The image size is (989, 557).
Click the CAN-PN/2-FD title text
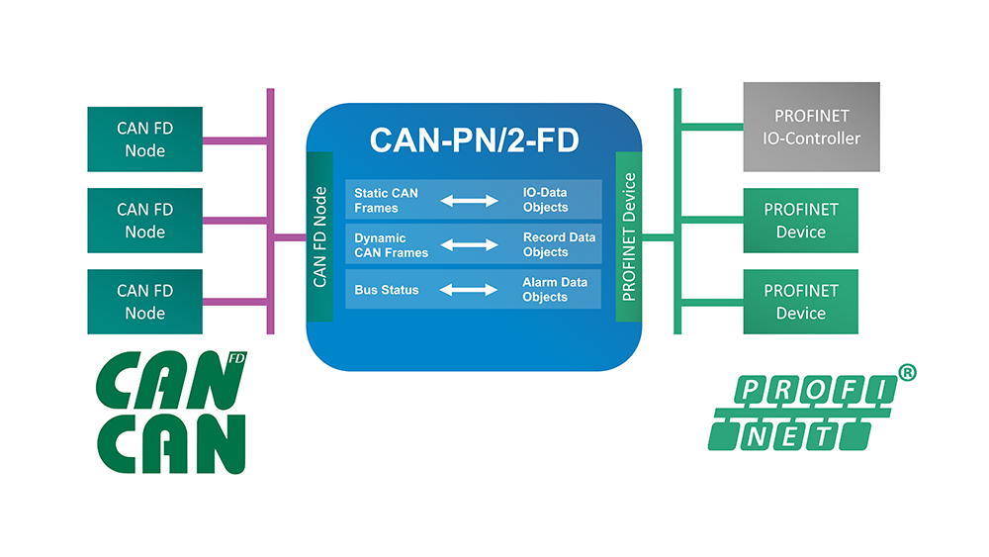pyautogui.click(x=475, y=139)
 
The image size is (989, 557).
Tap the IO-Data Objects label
pyautogui.click(x=545, y=200)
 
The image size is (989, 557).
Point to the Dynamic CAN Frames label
pyautogui.click(x=391, y=245)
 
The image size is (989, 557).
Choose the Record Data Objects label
pyautogui.click(x=559, y=245)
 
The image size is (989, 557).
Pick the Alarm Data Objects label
pyautogui.click(x=554, y=290)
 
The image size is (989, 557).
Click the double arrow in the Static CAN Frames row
pyautogui.click(x=469, y=201)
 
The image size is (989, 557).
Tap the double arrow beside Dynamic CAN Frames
pyautogui.click(x=469, y=245)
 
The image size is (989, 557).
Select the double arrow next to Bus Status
pyautogui.click(x=469, y=290)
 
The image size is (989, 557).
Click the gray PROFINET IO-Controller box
pyautogui.click(x=811, y=128)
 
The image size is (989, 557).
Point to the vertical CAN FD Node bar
pyautogui.click(x=319, y=237)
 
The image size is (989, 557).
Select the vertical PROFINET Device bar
pyautogui.click(x=629, y=237)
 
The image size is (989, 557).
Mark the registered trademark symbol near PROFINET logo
pyautogui.click(x=906, y=372)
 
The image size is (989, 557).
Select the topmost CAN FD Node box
pyautogui.click(x=145, y=139)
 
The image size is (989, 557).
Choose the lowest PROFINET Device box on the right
pyautogui.click(x=800, y=302)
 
